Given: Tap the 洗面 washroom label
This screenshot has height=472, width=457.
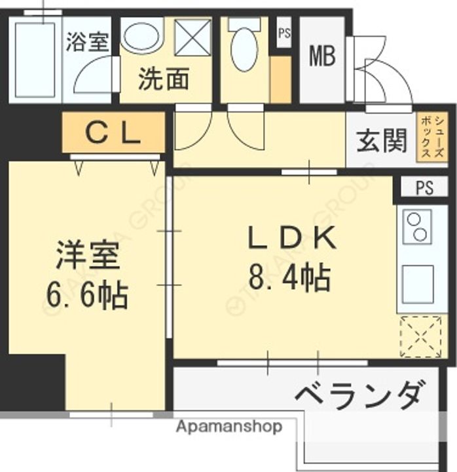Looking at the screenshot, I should pos(163,79).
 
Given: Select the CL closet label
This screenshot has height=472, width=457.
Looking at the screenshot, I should pos(113,133).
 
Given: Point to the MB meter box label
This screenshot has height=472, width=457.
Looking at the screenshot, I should pos(322,56).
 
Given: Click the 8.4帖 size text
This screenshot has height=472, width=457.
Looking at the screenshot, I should pos(289,279).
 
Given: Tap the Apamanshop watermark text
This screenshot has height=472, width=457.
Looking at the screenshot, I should pos(229,427).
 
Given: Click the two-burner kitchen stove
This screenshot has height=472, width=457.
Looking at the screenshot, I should pos(416,227).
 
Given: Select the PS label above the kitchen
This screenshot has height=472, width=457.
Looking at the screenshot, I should pos(424,188).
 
